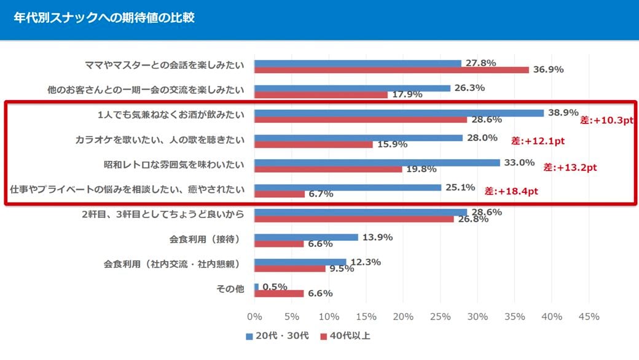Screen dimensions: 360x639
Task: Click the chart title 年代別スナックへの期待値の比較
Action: (104, 18)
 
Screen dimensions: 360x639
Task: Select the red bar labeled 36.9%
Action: (391, 70)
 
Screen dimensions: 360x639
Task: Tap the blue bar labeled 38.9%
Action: (399, 113)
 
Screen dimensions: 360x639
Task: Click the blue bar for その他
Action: (256, 287)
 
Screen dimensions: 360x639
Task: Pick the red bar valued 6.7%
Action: (280, 194)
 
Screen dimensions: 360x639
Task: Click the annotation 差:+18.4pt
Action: (511, 191)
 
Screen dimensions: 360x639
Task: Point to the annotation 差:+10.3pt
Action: (606, 120)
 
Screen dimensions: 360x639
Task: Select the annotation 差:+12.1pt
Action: (538, 141)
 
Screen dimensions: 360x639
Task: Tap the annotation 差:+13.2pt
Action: (571, 167)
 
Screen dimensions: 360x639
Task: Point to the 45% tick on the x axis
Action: (589, 317)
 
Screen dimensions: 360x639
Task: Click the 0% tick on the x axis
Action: (254, 317)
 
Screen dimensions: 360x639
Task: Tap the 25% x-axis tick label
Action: (441, 317)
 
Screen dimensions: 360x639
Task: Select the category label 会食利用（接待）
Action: (204, 239)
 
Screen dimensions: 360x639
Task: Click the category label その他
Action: (232, 289)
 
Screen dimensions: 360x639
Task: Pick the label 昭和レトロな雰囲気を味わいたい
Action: (174, 165)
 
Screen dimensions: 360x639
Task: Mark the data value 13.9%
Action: (378, 237)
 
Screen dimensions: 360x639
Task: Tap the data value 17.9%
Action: (405, 95)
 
